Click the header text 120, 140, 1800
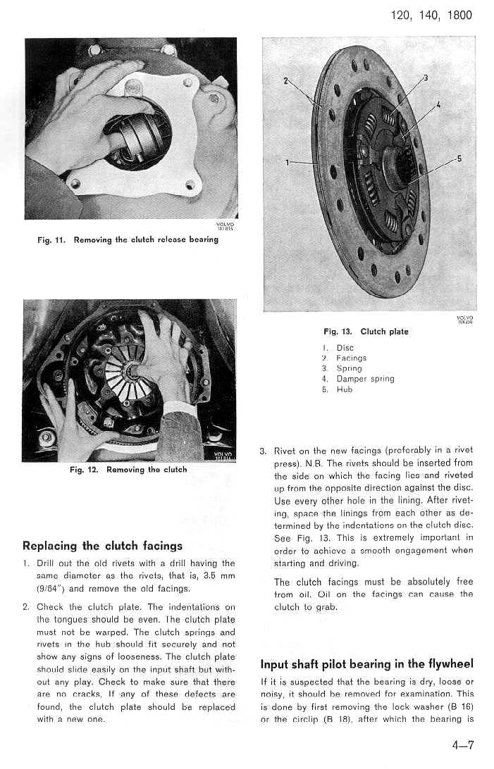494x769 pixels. (431, 15)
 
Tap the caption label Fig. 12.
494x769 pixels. (84, 470)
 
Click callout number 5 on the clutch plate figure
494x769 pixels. (459, 158)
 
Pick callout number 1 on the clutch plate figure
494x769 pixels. (288, 163)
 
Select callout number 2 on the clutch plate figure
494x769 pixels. (285, 80)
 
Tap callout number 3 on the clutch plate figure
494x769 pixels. (426, 77)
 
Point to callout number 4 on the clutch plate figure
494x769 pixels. (438, 105)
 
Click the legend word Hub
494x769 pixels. (345, 389)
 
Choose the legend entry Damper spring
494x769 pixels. (365, 378)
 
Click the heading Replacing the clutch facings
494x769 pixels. (103, 546)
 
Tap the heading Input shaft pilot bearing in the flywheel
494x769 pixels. (366, 664)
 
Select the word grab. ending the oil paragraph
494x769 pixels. (324, 607)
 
